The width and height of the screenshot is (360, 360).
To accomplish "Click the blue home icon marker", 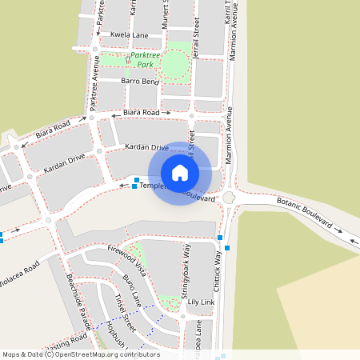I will (x=180, y=173).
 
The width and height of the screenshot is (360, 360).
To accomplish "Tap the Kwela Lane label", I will (x=130, y=36).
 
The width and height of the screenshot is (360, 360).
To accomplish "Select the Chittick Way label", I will (x=217, y=272).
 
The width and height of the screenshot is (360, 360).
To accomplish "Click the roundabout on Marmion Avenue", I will (x=230, y=198).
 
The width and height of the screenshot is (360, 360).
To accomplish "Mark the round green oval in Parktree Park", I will (x=174, y=66).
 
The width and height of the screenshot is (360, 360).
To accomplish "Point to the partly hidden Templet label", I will (x=151, y=186).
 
